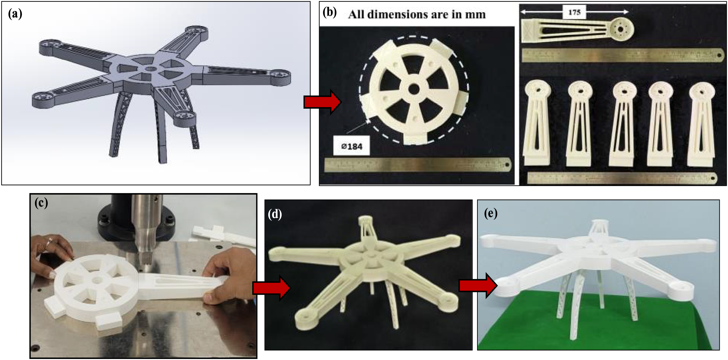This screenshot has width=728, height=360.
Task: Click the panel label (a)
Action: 15,14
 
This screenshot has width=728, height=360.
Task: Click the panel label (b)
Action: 330,13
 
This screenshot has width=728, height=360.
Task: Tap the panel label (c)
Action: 41,203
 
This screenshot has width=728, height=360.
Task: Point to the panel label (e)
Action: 491,213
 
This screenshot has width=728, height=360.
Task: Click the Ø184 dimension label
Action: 352,146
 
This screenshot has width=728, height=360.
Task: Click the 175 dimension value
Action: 574,12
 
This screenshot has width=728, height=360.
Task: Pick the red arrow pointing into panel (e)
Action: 478,285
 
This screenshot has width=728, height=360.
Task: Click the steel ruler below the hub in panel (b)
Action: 418,165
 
